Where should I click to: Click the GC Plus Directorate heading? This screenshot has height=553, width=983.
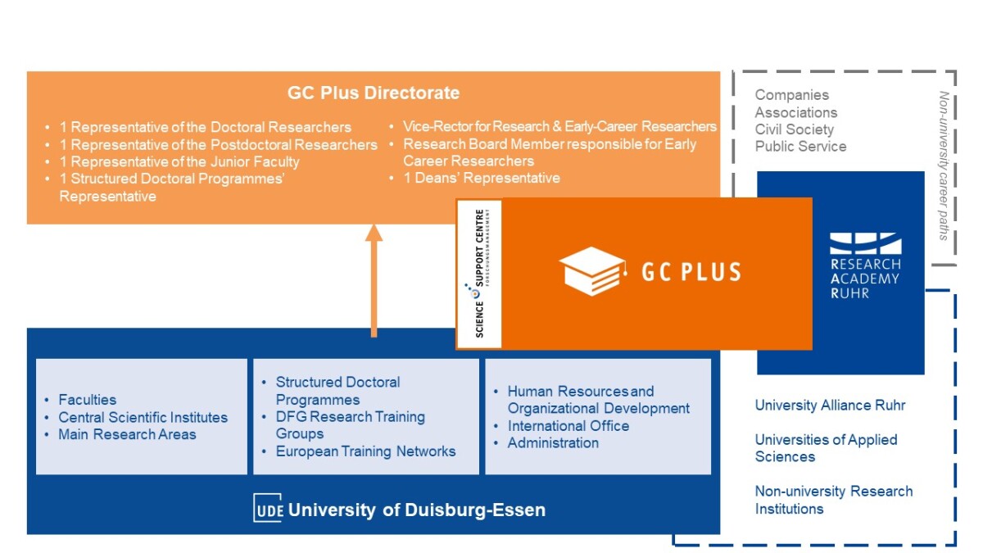pyautogui.click(x=374, y=93)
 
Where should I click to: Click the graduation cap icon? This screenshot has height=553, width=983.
pyautogui.click(x=592, y=271)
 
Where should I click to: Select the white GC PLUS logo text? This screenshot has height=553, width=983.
pyautogui.click(x=691, y=272)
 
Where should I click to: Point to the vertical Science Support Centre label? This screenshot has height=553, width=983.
pyautogui.click(x=480, y=274)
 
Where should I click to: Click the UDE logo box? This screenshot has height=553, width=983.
pyautogui.click(x=268, y=509)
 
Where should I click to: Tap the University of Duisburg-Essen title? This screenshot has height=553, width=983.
pyautogui.click(x=417, y=510)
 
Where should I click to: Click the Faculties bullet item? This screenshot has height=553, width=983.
pyautogui.click(x=87, y=400)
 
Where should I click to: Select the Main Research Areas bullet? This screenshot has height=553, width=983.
pyautogui.click(x=127, y=434)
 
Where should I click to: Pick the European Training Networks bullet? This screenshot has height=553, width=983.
pyautogui.click(x=365, y=451)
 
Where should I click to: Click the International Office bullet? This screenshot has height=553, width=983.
pyautogui.click(x=568, y=426)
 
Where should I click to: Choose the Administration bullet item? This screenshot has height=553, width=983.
pyautogui.click(x=553, y=443)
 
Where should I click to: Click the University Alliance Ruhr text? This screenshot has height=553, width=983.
pyautogui.click(x=830, y=406)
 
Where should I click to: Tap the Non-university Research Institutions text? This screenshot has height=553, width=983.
pyautogui.click(x=833, y=500)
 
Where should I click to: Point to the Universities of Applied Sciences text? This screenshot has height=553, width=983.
pyautogui.click(x=826, y=448)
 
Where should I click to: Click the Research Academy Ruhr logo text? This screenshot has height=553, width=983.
pyautogui.click(x=864, y=279)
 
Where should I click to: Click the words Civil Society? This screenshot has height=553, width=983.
pyautogui.click(x=794, y=129)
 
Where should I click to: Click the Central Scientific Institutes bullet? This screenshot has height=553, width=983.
pyautogui.click(x=143, y=417)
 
